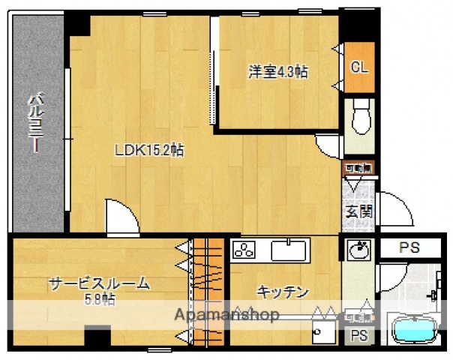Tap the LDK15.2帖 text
pyautogui.click(x=149, y=150)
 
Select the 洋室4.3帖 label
pyautogui.click(x=278, y=72)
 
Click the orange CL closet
pyautogui.click(x=360, y=66)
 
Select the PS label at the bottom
pyautogui.click(x=359, y=335)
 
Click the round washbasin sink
pyautogui.click(x=359, y=249)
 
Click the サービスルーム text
pyautogui.click(x=99, y=283)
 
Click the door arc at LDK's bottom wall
pyautogui.click(x=122, y=218)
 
